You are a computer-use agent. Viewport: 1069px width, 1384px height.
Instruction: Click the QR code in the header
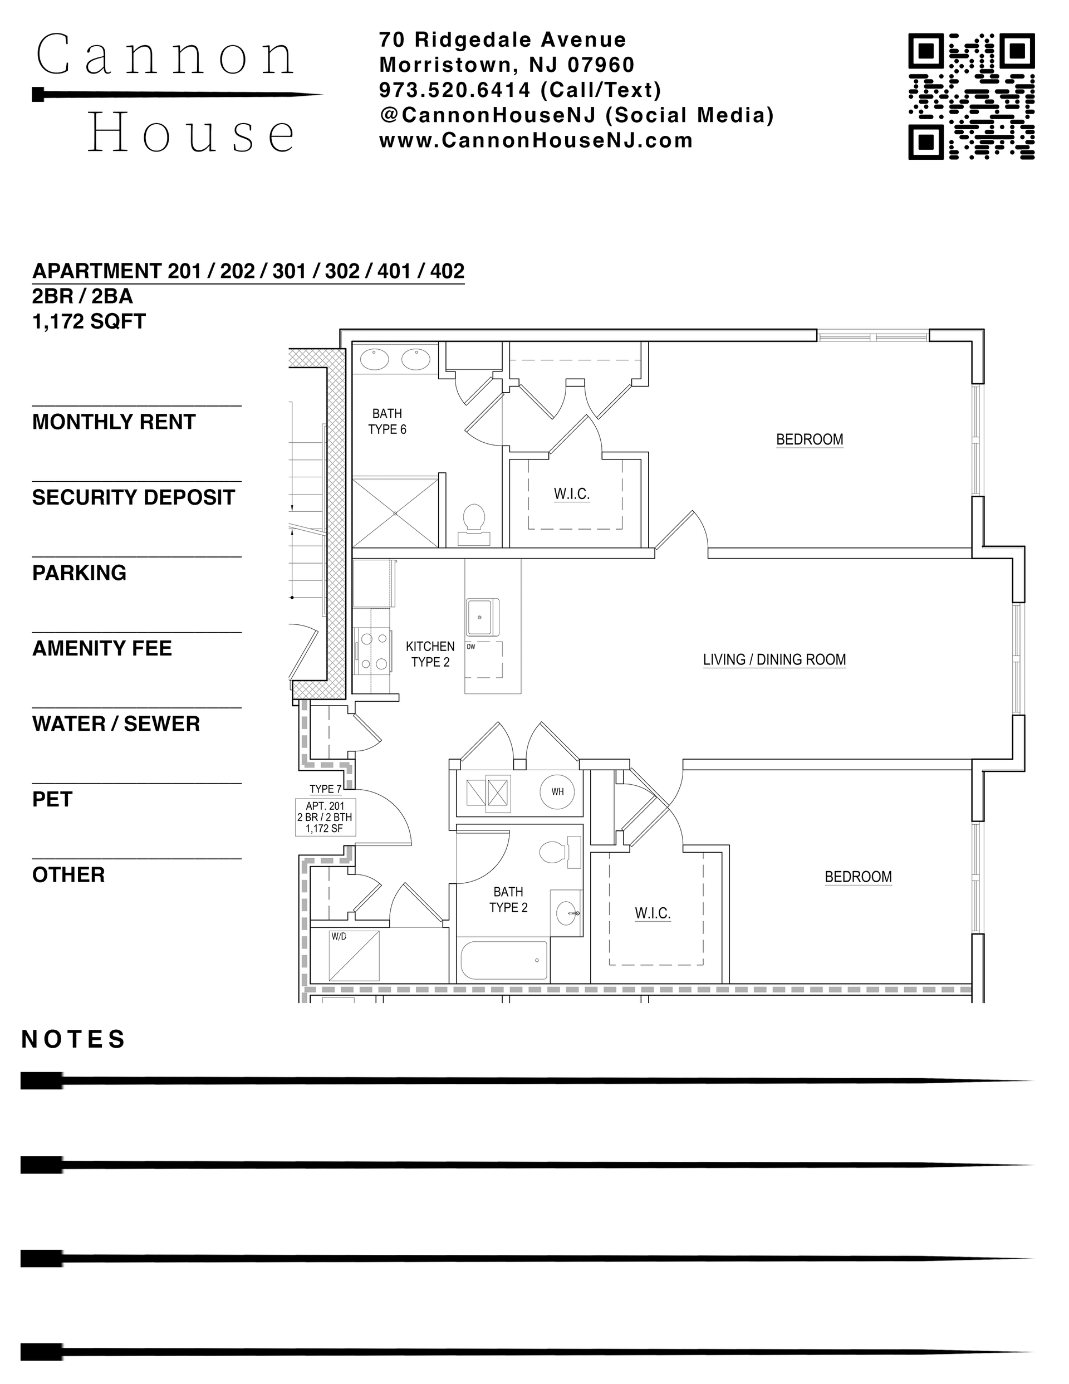click(x=972, y=96)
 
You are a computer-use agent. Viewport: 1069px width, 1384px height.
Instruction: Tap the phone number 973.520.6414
click(x=454, y=90)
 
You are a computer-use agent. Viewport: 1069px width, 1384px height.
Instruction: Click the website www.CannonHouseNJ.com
click(x=536, y=140)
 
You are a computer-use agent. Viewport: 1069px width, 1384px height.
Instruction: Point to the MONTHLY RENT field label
click(x=114, y=422)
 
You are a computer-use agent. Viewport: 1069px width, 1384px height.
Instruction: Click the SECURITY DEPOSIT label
click(x=134, y=497)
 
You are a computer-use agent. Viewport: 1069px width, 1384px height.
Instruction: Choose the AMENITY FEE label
click(x=102, y=648)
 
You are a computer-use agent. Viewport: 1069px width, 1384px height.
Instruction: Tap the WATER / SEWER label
click(x=116, y=723)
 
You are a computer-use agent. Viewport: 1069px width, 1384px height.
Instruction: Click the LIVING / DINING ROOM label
click(x=774, y=659)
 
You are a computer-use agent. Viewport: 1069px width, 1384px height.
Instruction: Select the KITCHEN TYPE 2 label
click(x=430, y=654)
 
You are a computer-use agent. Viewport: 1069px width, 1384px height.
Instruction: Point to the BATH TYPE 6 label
click(x=387, y=422)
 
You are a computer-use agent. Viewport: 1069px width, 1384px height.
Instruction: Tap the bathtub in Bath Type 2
click(x=504, y=960)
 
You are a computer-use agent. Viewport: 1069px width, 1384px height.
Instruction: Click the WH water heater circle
click(x=557, y=791)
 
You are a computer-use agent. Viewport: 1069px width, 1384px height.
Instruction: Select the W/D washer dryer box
click(x=354, y=956)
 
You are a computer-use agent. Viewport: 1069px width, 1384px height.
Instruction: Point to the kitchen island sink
click(x=482, y=617)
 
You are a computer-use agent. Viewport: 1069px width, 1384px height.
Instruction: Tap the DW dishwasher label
click(x=471, y=647)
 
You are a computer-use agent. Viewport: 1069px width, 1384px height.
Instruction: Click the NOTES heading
click(x=73, y=1039)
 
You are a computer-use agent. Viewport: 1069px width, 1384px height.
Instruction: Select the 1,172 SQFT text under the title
click(x=89, y=321)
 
